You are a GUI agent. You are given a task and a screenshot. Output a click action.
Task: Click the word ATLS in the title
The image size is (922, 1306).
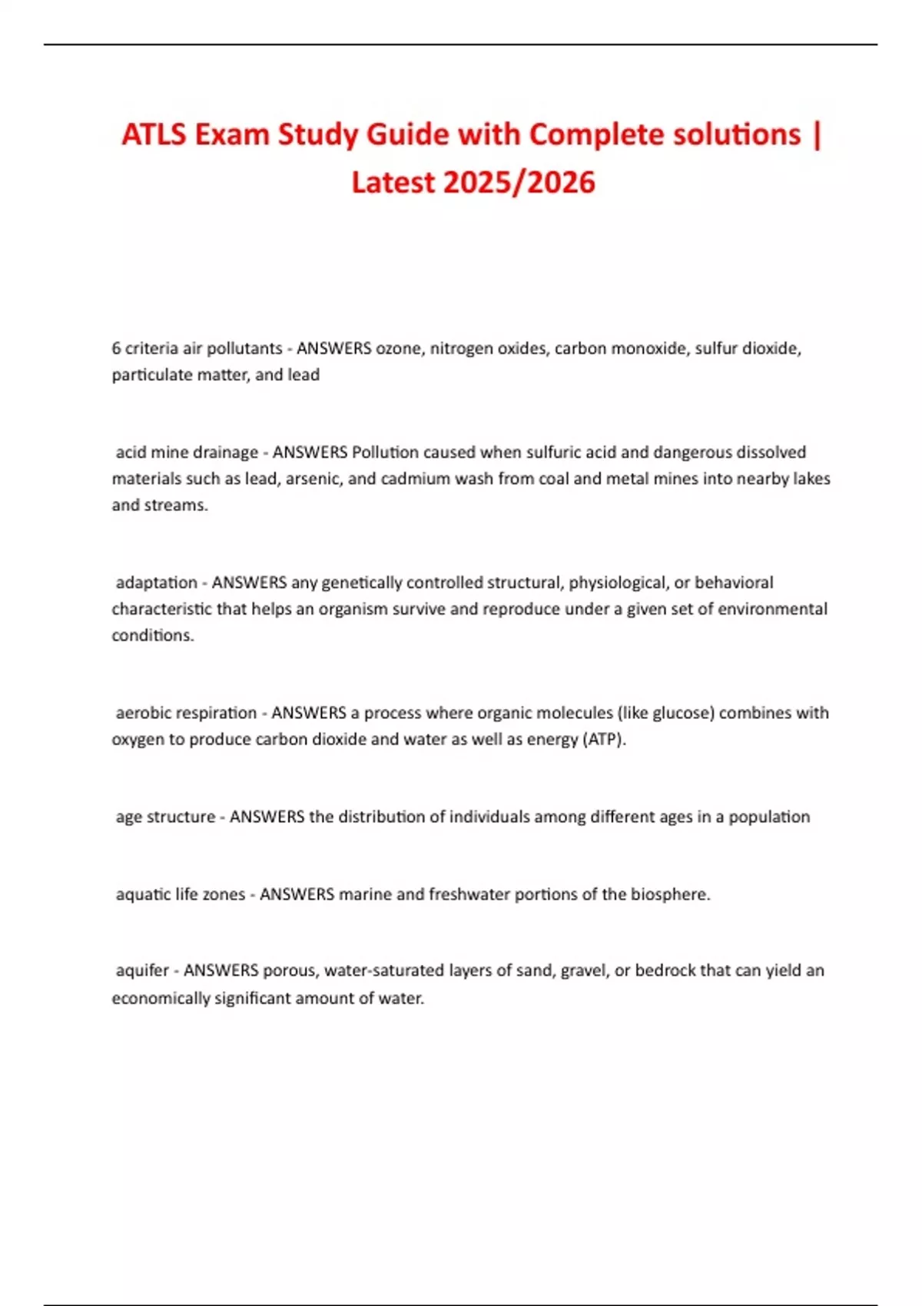(153, 135)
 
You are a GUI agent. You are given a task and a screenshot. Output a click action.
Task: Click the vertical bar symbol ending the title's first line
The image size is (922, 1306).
(816, 135)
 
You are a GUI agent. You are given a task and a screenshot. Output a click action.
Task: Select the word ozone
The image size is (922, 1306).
(399, 349)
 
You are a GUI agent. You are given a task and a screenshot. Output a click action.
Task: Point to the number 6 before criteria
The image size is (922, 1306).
(116, 349)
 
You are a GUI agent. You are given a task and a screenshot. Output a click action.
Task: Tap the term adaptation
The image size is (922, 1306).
(157, 582)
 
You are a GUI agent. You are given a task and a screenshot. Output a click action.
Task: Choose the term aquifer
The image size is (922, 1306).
(142, 970)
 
